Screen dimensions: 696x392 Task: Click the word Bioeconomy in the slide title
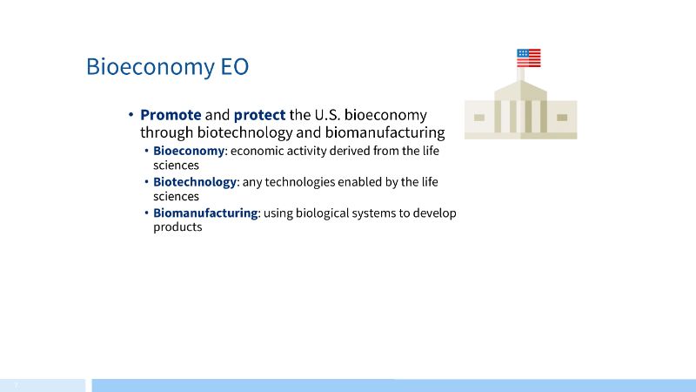coord(151,67)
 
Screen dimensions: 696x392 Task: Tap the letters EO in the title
coord(235,66)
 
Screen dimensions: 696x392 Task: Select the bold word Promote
coord(171,115)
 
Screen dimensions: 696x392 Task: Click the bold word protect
coord(259,115)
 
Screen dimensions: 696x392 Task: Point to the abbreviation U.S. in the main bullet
coord(328,115)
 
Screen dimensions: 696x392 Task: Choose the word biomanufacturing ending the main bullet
coord(385,132)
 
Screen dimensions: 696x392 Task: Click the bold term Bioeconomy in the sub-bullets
coord(189,151)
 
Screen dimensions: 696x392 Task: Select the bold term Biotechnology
coord(195,182)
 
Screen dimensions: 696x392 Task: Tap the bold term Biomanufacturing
coord(205,213)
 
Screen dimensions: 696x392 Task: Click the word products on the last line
coord(177,227)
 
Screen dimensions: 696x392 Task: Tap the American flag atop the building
coord(529,57)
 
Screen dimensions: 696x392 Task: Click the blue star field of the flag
coord(523,53)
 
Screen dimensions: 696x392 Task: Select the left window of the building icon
coord(479,118)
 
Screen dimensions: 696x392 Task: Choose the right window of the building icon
coord(562,118)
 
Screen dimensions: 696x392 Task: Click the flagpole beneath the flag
coord(520,74)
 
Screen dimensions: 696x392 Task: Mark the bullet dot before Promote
coord(131,115)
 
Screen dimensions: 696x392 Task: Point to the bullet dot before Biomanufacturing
coord(146,213)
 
